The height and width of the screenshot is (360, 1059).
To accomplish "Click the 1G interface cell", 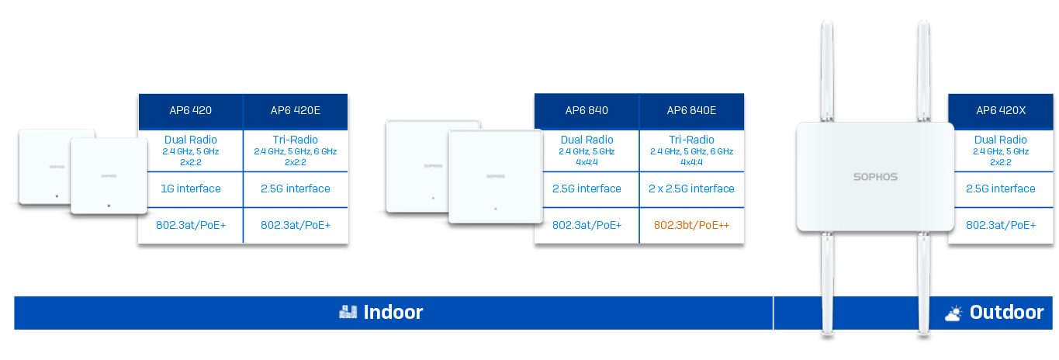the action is (x=191, y=189).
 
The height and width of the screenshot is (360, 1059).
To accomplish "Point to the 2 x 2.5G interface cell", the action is (x=691, y=189).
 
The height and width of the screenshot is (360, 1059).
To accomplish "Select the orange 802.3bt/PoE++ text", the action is (x=691, y=225).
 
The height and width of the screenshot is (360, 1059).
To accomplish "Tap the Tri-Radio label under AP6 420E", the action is (x=296, y=140).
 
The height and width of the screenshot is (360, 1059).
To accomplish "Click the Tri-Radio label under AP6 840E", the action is (x=691, y=140).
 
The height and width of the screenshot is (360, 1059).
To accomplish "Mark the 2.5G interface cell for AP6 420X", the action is (x=1000, y=189).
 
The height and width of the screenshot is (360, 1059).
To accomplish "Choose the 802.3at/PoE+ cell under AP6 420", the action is (x=191, y=225).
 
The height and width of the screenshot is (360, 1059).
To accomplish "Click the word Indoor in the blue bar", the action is (x=393, y=312).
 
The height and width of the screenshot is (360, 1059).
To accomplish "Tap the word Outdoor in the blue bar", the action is (x=1006, y=312).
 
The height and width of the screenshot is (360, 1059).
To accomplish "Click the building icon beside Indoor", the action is (x=348, y=312).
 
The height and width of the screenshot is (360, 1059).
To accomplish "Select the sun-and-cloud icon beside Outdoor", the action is (x=953, y=313).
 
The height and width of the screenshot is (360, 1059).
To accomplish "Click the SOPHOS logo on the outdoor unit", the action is (x=875, y=177).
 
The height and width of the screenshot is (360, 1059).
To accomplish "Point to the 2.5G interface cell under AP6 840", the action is (x=587, y=189).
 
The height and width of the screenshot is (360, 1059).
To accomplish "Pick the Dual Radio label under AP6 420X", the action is (x=1000, y=140).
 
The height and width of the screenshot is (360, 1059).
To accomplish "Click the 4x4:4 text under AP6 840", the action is (x=587, y=162).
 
